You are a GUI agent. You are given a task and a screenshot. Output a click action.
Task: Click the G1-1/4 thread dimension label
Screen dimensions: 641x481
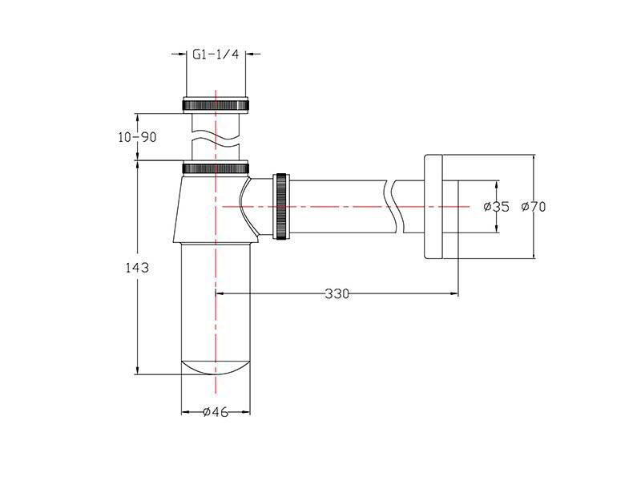point(216,55)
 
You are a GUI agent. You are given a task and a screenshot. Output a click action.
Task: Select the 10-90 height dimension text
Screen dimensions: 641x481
point(137,137)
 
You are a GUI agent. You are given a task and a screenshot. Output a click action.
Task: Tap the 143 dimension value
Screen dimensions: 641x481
point(137,268)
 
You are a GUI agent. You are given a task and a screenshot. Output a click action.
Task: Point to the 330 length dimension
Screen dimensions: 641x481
point(337,293)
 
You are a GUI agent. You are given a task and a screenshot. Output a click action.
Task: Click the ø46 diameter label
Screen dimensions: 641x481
point(216,412)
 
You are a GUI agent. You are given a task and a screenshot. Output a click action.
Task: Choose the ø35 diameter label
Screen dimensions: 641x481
point(497,207)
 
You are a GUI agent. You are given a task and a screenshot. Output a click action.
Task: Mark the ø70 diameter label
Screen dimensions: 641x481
point(534,207)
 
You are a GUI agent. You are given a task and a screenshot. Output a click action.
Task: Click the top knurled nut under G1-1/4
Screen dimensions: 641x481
point(216,104)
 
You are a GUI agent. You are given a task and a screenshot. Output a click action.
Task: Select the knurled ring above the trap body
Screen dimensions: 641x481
point(216,168)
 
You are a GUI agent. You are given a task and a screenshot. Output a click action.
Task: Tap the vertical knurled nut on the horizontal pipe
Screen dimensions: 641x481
point(282,207)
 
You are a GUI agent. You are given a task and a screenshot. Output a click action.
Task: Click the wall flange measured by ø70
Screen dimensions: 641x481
point(433,207)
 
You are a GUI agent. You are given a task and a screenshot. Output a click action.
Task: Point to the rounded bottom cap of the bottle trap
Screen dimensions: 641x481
point(216,367)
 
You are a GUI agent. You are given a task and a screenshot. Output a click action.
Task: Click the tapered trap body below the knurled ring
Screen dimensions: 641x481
point(215,208)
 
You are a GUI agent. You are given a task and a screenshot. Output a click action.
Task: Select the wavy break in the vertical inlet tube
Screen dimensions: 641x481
point(216,139)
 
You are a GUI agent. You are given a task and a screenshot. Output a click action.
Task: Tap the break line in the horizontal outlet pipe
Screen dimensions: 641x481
point(395,207)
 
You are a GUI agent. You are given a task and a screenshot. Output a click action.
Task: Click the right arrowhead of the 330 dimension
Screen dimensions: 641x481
point(454,293)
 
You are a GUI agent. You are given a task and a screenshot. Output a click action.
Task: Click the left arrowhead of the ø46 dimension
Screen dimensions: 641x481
point(186,412)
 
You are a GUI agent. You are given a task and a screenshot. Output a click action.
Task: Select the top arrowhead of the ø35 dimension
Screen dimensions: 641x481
point(496,185)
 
